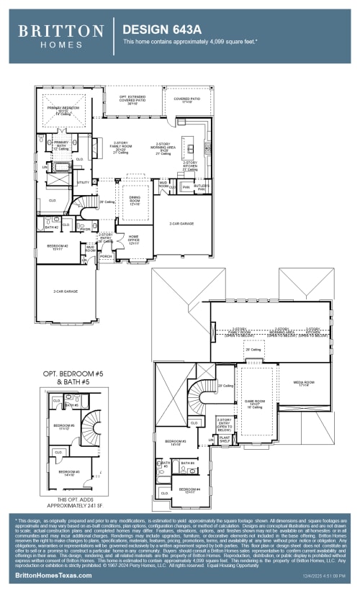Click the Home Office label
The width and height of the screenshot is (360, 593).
[133, 241]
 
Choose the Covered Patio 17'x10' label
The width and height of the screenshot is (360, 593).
[186, 101]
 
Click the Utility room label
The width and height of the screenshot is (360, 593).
[83, 183]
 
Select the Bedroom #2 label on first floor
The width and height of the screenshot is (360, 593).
[58, 247]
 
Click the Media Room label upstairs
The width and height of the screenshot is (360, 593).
[304, 384]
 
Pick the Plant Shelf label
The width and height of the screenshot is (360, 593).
[225, 438]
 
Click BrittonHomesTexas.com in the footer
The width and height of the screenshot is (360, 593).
[53, 576]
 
